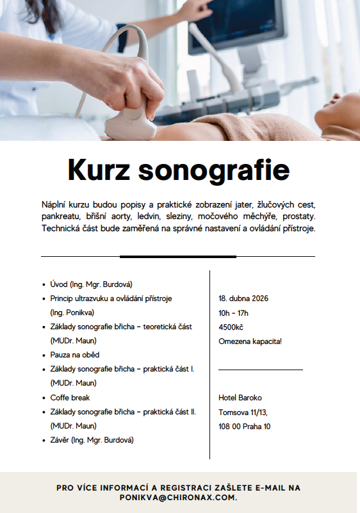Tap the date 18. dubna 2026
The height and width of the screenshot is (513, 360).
click(x=243, y=298)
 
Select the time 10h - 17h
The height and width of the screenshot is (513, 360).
click(x=233, y=313)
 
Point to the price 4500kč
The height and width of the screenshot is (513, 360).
click(x=231, y=327)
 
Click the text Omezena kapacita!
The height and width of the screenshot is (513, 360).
click(x=250, y=341)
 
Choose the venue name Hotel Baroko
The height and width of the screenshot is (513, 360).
click(x=240, y=398)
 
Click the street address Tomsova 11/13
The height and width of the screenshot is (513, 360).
click(x=243, y=412)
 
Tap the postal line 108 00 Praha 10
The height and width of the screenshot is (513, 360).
click(x=244, y=426)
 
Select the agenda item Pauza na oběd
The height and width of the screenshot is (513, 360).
click(x=75, y=355)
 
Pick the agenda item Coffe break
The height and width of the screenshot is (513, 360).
click(x=70, y=398)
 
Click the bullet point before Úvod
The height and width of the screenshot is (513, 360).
click(x=43, y=284)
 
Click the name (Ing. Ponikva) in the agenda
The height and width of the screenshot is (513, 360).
click(x=72, y=313)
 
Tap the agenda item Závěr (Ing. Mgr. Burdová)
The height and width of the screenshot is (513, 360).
click(x=93, y=440)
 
